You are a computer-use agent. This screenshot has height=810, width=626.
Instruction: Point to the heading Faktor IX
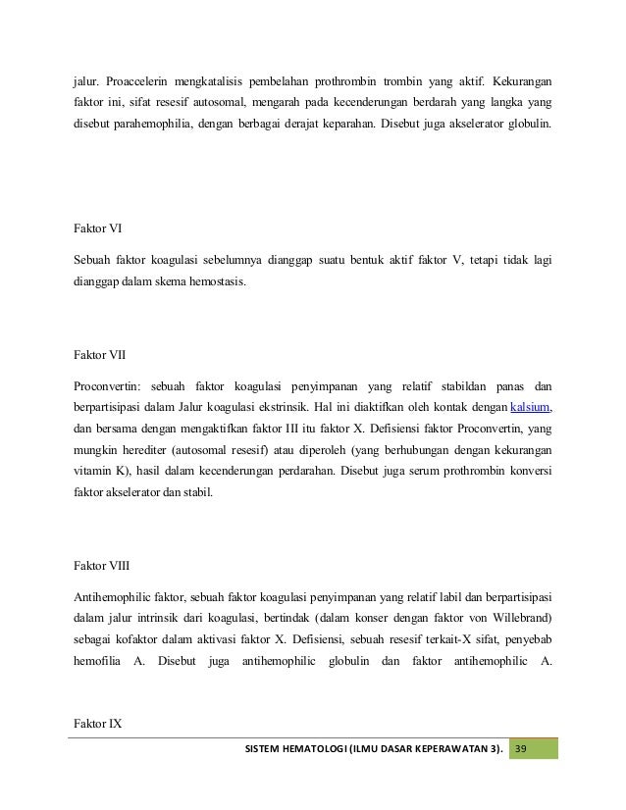click(x=97, y=725)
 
